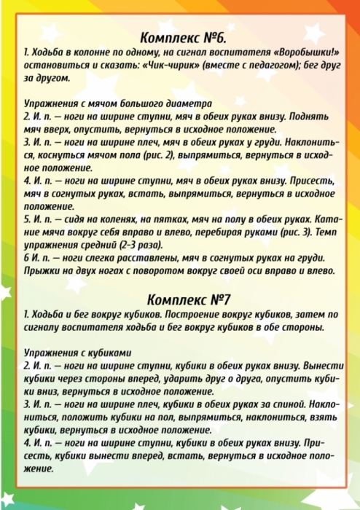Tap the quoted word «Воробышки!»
tap(302, 53)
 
